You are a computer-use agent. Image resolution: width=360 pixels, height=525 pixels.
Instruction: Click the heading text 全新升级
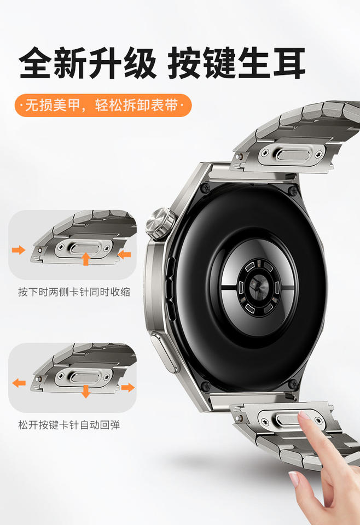[88, 62]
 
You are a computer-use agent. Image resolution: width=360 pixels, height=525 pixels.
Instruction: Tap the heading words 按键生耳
[236, 62]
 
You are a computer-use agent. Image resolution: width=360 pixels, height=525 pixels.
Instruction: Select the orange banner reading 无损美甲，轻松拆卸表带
[103, 106]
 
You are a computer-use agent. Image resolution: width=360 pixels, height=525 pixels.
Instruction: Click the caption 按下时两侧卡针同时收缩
[74, 292]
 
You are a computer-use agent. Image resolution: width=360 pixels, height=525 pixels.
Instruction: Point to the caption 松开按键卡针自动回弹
[69, 425]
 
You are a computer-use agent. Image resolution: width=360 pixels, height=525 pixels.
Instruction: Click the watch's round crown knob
[161, 224]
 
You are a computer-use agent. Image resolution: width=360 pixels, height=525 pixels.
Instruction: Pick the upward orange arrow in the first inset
[86, 259]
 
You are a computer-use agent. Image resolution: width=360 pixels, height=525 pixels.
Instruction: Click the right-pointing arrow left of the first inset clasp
[19, 250]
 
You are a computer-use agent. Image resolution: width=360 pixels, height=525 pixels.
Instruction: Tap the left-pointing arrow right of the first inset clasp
[124, 255]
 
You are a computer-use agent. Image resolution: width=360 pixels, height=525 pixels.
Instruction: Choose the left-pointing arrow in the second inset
[19, 383]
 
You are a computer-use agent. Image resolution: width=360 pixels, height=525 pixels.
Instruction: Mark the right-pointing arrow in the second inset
[127, 388]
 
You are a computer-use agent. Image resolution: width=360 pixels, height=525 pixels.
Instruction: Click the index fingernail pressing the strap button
[304, 416]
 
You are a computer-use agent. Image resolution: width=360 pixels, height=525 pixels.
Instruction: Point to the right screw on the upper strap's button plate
[318, 155]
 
